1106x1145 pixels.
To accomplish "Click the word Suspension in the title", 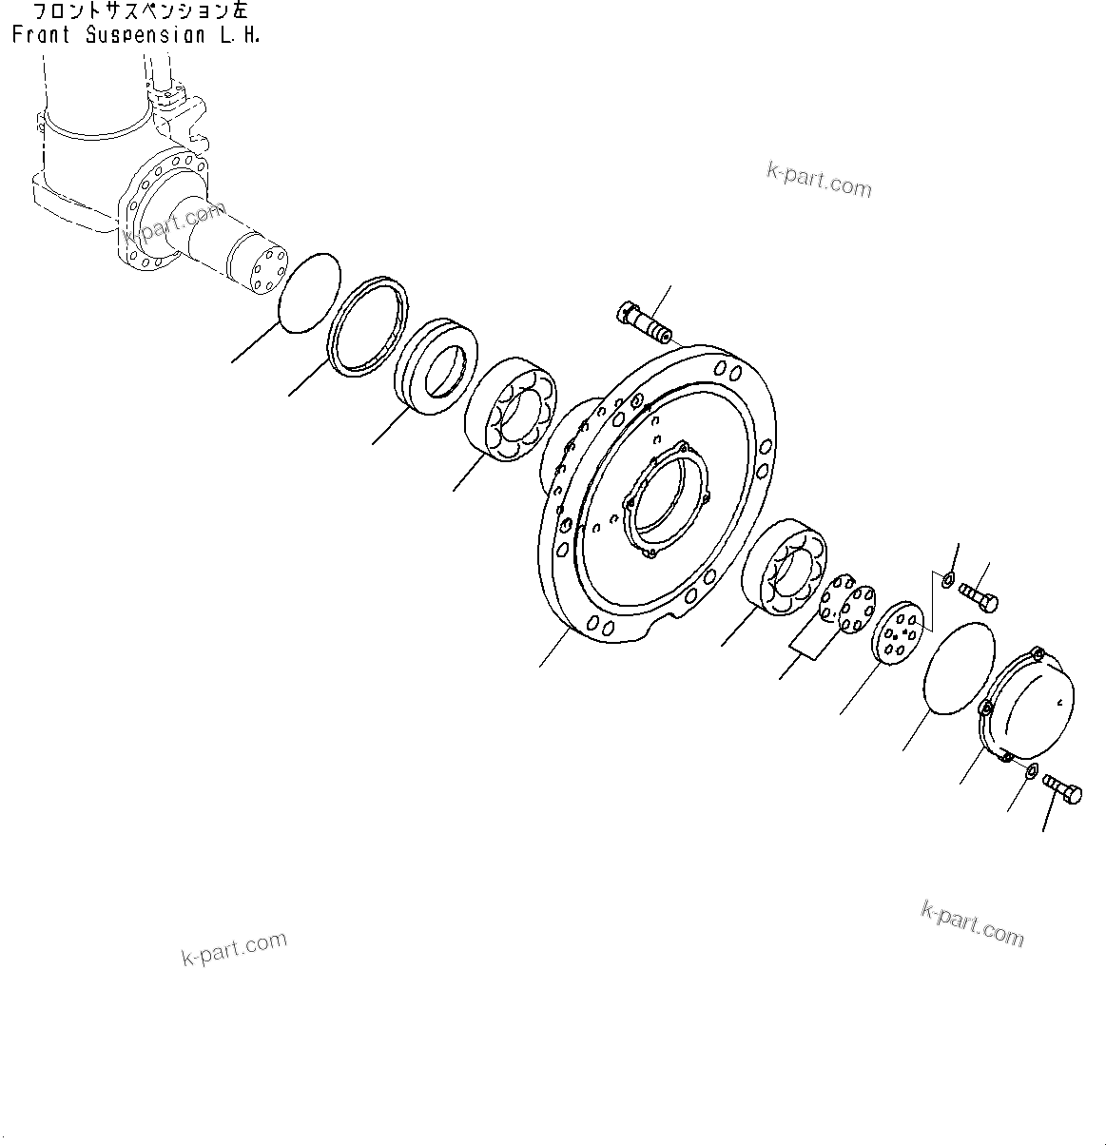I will (143, 36).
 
